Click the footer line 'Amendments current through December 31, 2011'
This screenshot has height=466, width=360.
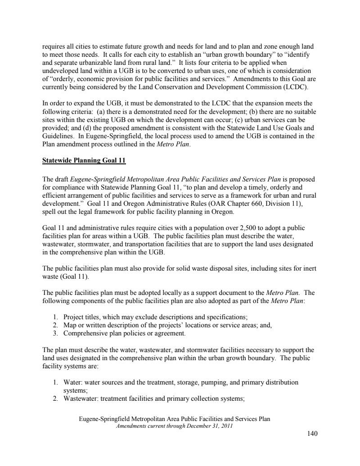(174, 425)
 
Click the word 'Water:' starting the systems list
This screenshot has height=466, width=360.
(74, 382)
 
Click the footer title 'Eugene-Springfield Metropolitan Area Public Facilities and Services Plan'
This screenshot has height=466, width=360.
(175, 419)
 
